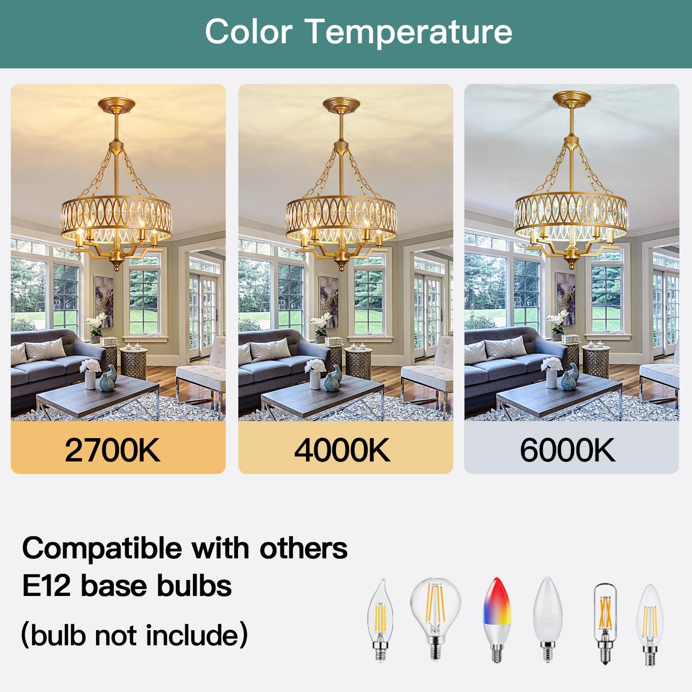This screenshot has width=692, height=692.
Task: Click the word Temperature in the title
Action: point(409,32)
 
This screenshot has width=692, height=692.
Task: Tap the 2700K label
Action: point(112,450)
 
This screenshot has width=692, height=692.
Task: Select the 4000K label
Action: point(342,450)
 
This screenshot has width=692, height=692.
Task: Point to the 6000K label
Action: point(567,450)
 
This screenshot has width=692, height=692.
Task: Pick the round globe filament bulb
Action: point(435,614)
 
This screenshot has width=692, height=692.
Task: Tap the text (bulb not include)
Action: point(134,635)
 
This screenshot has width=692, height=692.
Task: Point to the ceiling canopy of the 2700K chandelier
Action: point(116,104)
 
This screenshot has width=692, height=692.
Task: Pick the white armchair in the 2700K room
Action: point(203,372)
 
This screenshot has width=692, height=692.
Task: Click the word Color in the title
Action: point(249,32)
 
